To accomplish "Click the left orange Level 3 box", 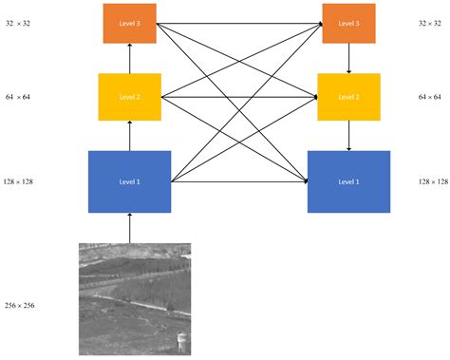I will point(129,23).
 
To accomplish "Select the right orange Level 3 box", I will point(348,23).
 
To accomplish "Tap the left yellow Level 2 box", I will point(129,97).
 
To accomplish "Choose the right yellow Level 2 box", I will point(348,97).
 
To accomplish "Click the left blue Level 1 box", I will point(129,180).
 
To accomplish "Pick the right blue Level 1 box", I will point(348,180).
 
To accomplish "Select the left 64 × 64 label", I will point(18,97).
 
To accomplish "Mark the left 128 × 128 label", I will point(18,180).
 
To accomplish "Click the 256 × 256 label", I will point(18,304).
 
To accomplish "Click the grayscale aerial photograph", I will point(134,297).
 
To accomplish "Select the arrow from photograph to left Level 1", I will point(130,228).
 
